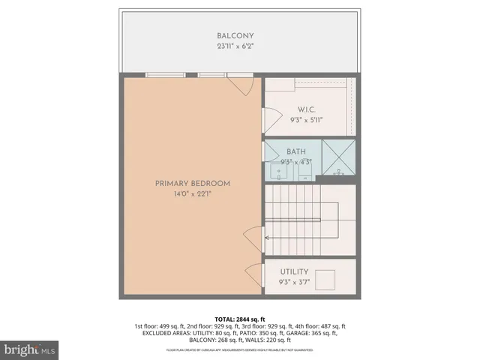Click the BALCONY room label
pyautogui.click(x=235, y=36)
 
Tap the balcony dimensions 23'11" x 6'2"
pyautogui.click(x=235, y=46)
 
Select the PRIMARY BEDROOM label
pyautogui.click(x=193, y=184)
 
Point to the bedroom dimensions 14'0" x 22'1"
pyautogui.click(x=193, y=194)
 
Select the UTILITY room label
pyautogui.click(x=294, y=271)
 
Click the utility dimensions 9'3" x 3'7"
pyautogui.click(x=294, y=282)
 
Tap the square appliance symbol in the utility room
pyautogui.click(x=327, y=281)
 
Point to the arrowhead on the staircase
pyautogui.click(x=268, y=236)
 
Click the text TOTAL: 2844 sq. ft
pyautogui.click(x=240, y=319)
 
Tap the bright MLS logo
pyautogui.click(x=30, y=349)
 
